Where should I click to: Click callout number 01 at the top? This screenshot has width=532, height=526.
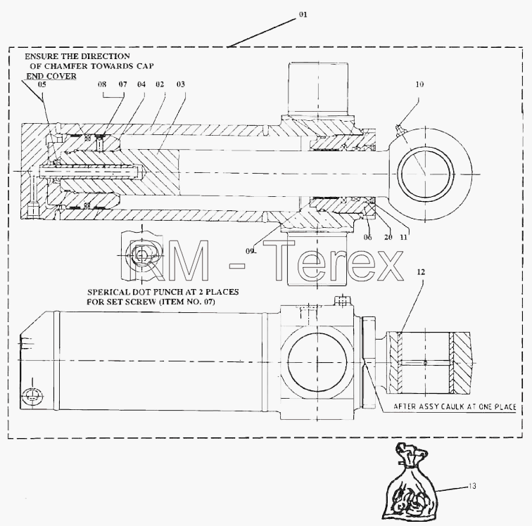[303, 14]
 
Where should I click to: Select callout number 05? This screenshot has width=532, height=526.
[42, 84]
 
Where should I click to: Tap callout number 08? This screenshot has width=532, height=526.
[102, 84]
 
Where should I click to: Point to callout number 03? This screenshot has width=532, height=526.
[180, 84]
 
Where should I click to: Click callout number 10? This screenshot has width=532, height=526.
[419, 84]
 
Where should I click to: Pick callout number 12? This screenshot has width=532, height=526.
[421, 272]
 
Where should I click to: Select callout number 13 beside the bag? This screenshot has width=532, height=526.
[472, 486]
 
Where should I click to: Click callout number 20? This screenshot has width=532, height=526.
[388, 238]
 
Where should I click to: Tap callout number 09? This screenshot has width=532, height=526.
[250, 251]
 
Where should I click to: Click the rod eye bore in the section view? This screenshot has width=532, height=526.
[427, 174]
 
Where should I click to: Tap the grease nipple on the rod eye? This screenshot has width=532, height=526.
[400, 129]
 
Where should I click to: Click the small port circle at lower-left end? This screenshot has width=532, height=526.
[32, 396]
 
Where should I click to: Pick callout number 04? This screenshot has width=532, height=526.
[141, 84]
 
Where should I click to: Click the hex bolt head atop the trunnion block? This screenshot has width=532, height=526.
[342, 300]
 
